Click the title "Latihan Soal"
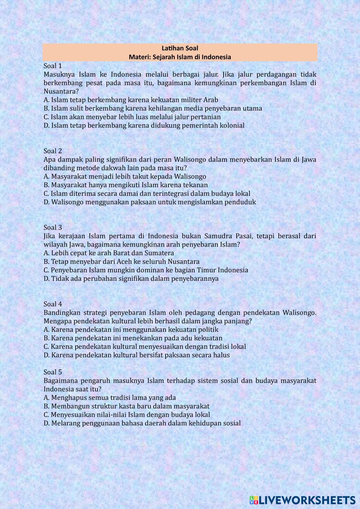point(180,48)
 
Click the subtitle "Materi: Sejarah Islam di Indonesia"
point(180,57)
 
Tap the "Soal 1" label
point(53,66)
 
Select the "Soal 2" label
point(53,151)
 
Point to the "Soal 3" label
point(53,228)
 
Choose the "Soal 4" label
point(53,304)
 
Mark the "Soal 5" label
point(53,372)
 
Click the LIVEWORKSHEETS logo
point(302,500)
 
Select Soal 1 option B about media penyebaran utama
point(153,108)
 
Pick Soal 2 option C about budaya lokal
point(147,194)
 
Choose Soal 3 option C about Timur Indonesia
point(146,270)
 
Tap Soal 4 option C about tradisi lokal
point(145,347)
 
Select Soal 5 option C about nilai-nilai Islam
point(127,415)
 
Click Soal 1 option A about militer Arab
point(131,100)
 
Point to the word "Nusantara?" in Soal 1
point(61,91)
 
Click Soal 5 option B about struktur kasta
point(126,406)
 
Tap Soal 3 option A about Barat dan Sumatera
point(109,253)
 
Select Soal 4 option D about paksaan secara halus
point(136,355)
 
